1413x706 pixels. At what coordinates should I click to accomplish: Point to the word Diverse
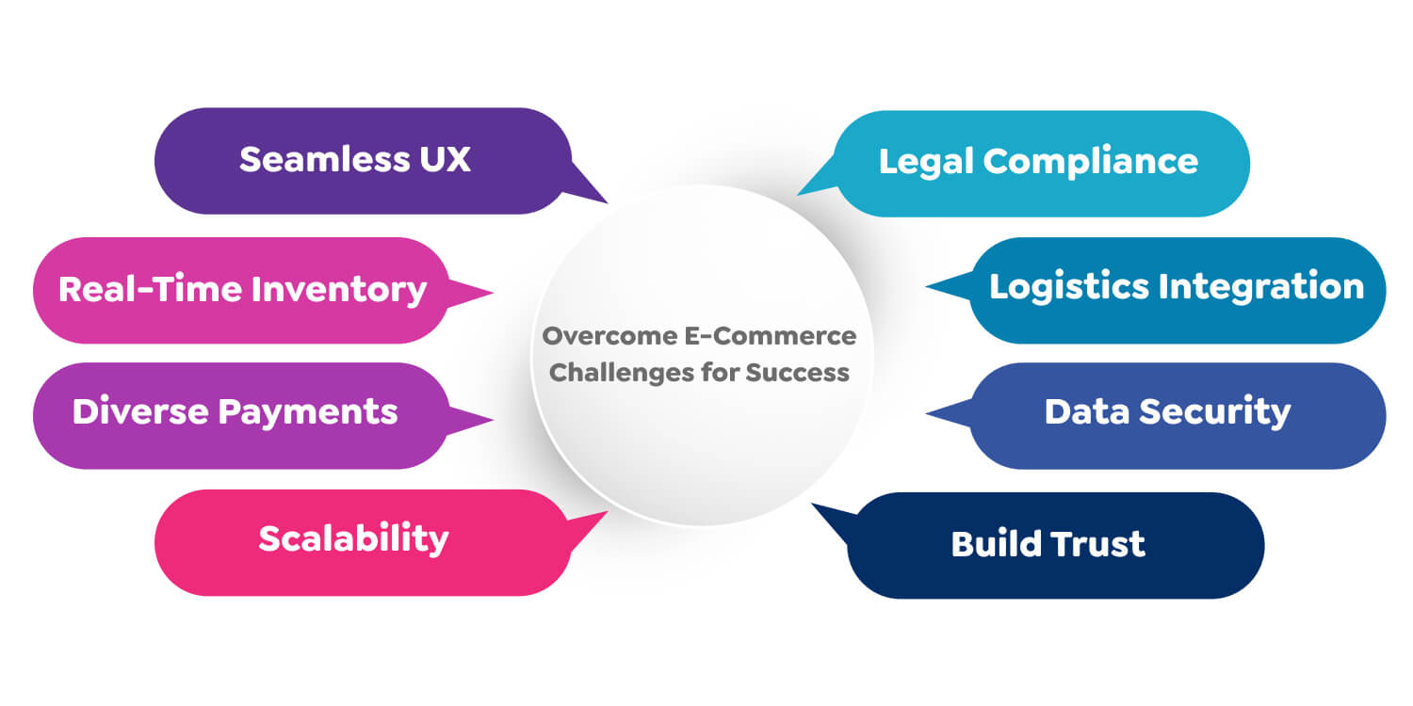click(140, 411)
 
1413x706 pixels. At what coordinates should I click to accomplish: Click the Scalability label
click(353, 538)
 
